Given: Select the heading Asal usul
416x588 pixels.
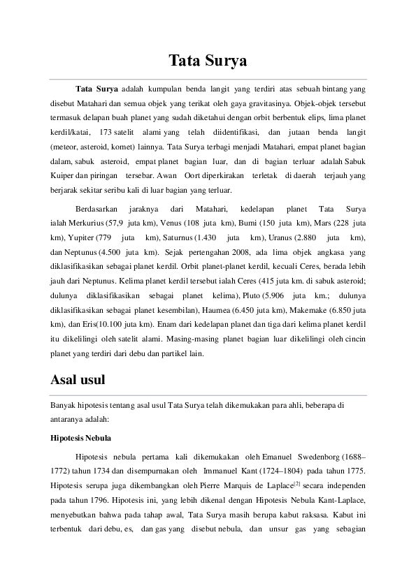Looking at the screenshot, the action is tap(77, 381).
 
